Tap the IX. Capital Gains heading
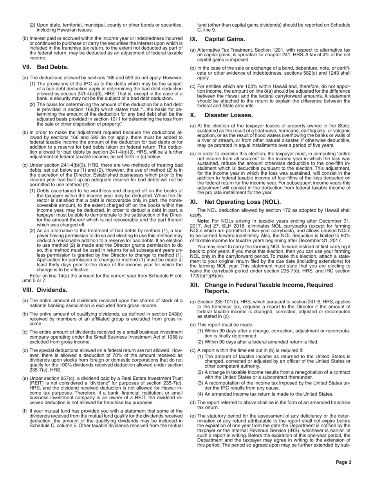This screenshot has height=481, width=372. [x=217, y=39]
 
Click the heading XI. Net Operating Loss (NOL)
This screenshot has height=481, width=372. [x=235, y=202]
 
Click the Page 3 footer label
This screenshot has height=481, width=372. [x=343, y=462]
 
